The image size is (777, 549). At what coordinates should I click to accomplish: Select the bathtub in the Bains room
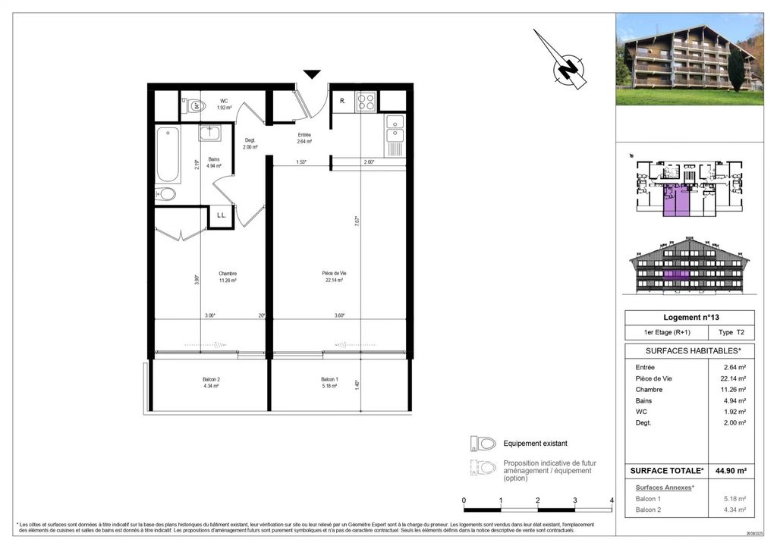168,155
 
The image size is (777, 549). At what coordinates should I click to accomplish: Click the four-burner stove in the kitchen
366,101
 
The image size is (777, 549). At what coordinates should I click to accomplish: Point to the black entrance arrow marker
312,74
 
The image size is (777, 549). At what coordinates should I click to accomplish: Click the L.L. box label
222,215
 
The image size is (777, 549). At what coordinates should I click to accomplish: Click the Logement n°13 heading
689,317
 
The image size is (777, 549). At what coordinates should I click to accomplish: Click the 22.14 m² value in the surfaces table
732,378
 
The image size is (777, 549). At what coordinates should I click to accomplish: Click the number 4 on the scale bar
612,500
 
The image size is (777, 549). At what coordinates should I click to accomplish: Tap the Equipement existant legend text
535,444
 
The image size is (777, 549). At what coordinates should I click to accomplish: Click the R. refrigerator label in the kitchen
343,101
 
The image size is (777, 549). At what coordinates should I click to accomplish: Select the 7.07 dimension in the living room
356,221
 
